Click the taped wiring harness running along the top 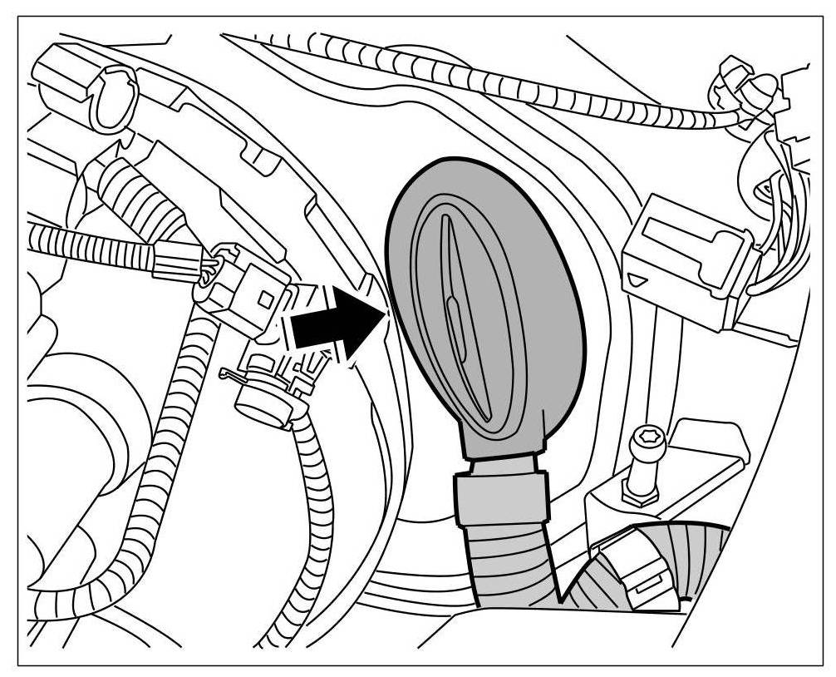[x=515, y=83]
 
